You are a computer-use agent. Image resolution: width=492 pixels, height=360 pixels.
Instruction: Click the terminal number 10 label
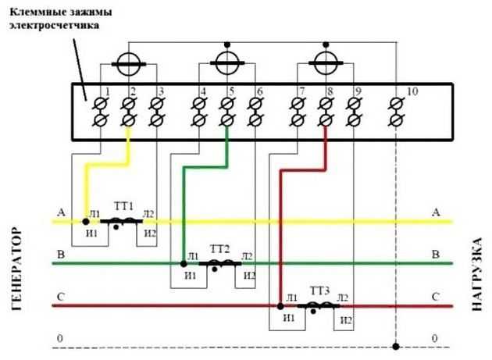pos(412,91)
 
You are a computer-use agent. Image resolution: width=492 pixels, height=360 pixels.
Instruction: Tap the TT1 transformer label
pos(123,206)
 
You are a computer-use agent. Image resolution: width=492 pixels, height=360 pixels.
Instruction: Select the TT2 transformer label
pos(219,249)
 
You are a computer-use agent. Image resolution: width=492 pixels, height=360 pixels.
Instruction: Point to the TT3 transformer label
pos(319,291)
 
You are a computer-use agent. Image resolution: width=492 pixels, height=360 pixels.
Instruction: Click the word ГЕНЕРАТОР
pos(17,269)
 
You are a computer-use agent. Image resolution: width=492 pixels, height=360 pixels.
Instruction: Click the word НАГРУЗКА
pos(476,275)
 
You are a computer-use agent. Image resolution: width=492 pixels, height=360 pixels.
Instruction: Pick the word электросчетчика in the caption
pos(55,25)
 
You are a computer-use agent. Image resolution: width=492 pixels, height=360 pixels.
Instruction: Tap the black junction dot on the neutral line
pos(396,347)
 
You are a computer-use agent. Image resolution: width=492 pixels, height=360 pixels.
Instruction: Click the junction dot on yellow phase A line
pos(86,222)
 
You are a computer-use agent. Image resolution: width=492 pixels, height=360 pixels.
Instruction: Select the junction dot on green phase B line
pos(184,264)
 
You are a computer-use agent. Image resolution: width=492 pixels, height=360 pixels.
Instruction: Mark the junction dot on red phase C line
pos(280,306)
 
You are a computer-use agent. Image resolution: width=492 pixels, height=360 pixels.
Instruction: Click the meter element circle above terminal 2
pos(129,64)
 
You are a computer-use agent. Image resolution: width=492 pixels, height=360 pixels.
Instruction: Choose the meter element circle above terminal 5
pos(227,63)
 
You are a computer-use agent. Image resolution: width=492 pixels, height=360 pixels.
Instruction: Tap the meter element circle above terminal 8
pos(326,63)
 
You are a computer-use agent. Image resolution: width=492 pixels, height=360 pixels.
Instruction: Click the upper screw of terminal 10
pos(396,103)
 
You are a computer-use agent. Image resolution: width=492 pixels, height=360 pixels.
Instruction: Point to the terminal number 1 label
pos(107,91)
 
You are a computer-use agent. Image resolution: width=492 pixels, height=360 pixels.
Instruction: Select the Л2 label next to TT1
pos(148,214)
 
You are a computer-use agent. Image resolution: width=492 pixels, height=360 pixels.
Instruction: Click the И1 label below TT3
pos(289,318)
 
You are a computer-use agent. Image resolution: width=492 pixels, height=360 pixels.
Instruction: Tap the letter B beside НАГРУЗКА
pos(436,255)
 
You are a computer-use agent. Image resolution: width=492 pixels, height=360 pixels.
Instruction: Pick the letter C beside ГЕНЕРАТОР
pos(61,297)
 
